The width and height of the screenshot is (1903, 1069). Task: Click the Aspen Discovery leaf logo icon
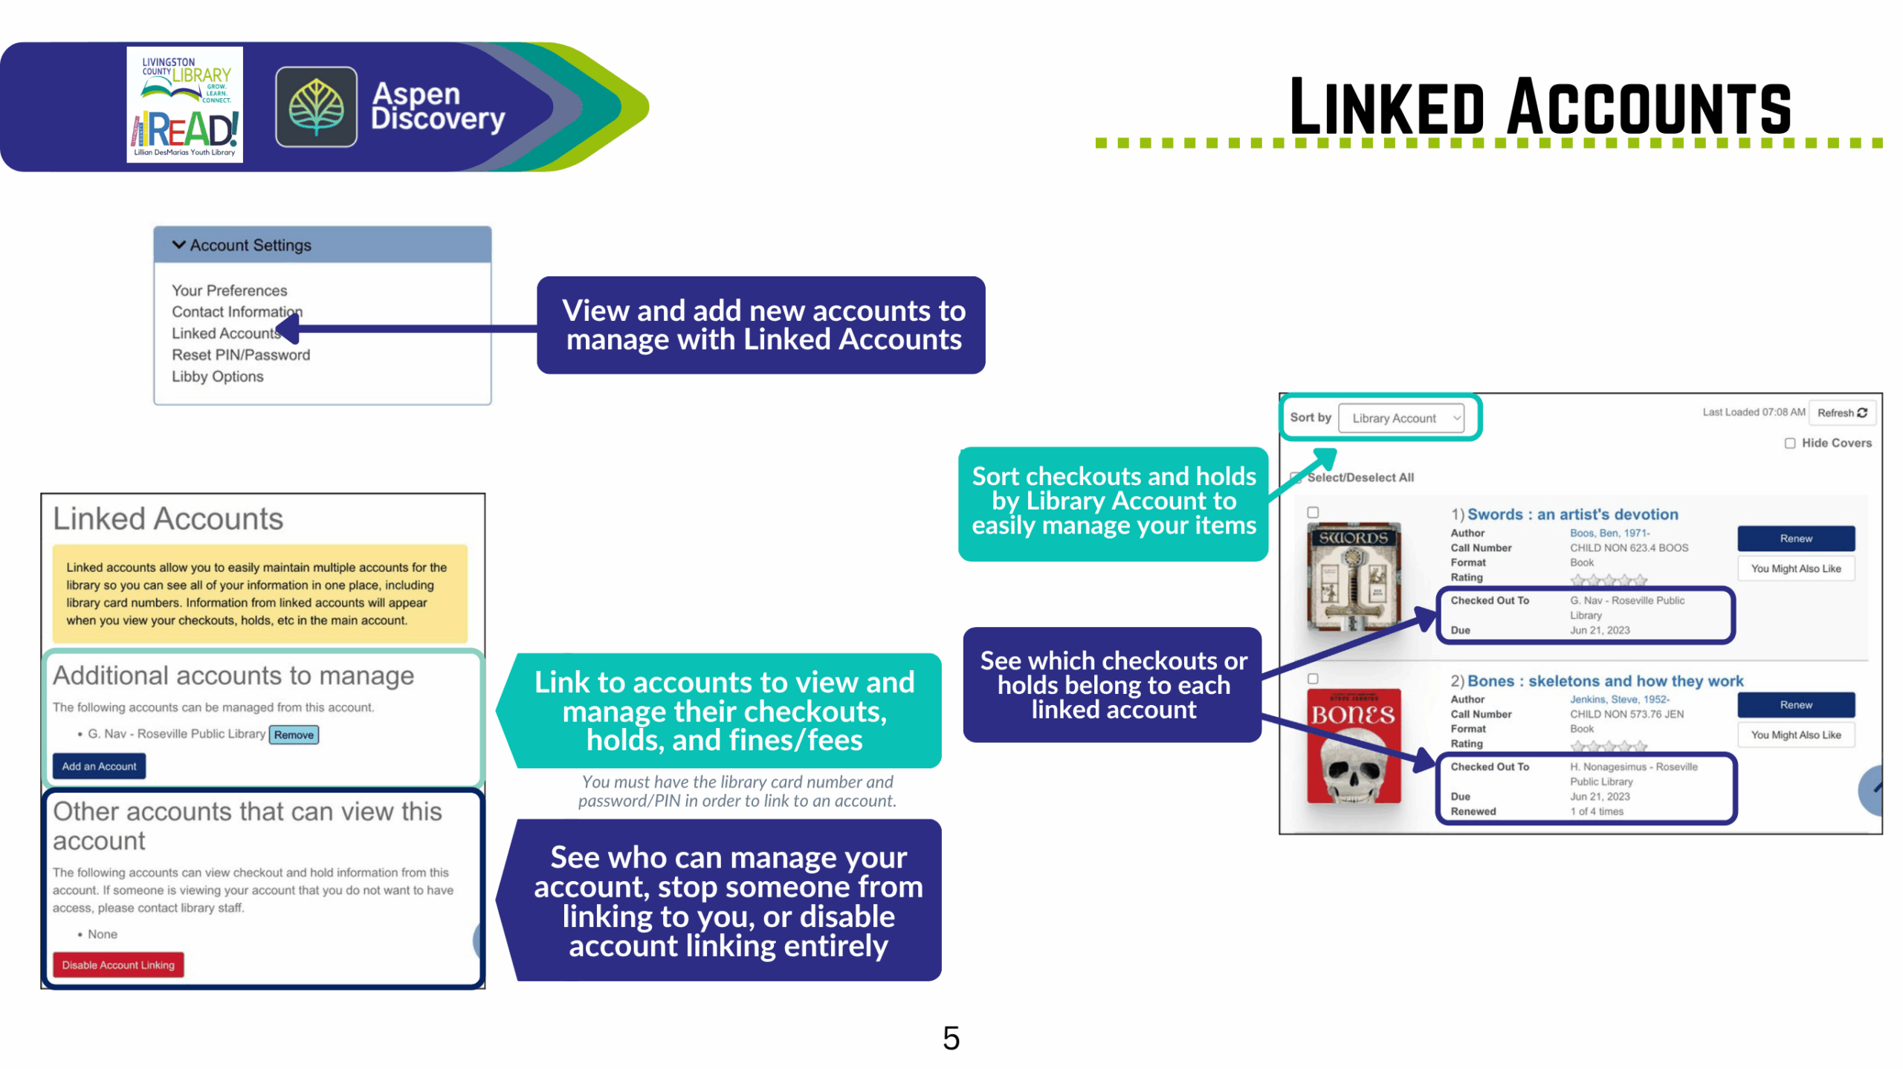(x=316, y=106)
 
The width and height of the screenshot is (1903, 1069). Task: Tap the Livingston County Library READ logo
(x=184, y=105)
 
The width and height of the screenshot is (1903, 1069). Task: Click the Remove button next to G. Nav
(x=294, y=735)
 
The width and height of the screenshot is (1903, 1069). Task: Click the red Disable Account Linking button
(x=118, y=965)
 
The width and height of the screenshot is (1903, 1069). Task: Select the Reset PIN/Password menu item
(x=241, y=355)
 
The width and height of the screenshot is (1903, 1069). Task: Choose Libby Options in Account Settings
(x=218, y=377)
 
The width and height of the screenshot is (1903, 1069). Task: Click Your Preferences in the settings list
(x=229, y=290)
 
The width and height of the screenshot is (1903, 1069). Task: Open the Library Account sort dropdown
(x=1400, y=418)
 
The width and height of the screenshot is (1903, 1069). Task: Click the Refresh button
(x=1841, y=413)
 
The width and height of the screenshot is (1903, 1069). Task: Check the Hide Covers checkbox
(x=1790, y=443)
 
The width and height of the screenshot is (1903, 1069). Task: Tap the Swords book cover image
(x=1354, y=577)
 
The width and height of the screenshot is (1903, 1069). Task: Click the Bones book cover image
(x=1354, y=746)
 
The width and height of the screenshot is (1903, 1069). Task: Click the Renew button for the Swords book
(x=1795, y=539)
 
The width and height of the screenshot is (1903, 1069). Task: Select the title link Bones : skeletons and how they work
(x=1605, y=681)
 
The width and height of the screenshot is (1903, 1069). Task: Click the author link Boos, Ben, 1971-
(x=1609, y=533)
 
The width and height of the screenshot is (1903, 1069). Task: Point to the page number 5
(x=951, y=1038)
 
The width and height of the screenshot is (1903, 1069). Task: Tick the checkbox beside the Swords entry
(x=1313, y=513)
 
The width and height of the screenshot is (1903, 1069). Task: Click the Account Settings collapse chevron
(x=178, y=244)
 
